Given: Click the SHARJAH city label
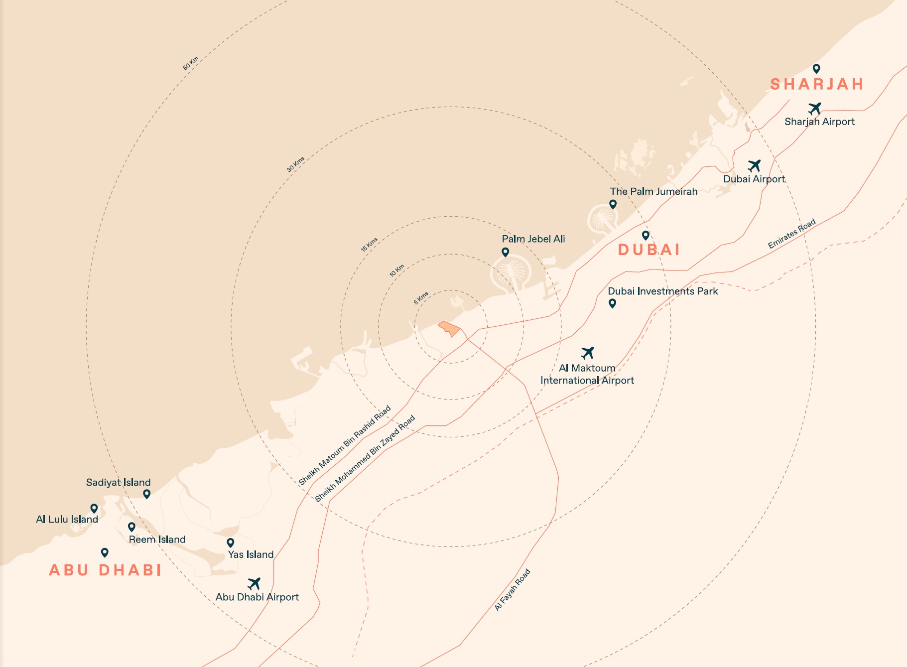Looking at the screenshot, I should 817,84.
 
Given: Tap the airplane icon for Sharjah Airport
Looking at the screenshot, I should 815,108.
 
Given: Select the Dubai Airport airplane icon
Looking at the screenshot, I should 755,165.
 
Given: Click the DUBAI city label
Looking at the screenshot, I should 649,250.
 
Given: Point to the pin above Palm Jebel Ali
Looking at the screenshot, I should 505,252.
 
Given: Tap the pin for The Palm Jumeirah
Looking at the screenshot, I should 613,204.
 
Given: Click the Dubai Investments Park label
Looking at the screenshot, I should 662,291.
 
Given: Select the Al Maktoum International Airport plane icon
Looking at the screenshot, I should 588,353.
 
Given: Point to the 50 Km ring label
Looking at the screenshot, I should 191,63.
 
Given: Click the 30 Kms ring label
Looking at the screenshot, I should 295,164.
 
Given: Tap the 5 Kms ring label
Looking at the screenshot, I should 421,298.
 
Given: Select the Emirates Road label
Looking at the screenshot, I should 791,234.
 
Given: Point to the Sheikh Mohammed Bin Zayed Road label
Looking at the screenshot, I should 365,459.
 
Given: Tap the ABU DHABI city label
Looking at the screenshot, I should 106,570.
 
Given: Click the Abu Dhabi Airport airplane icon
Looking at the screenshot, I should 254,583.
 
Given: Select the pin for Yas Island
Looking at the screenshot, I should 231,542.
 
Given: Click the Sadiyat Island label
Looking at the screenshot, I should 118,482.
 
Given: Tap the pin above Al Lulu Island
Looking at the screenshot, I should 94,509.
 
